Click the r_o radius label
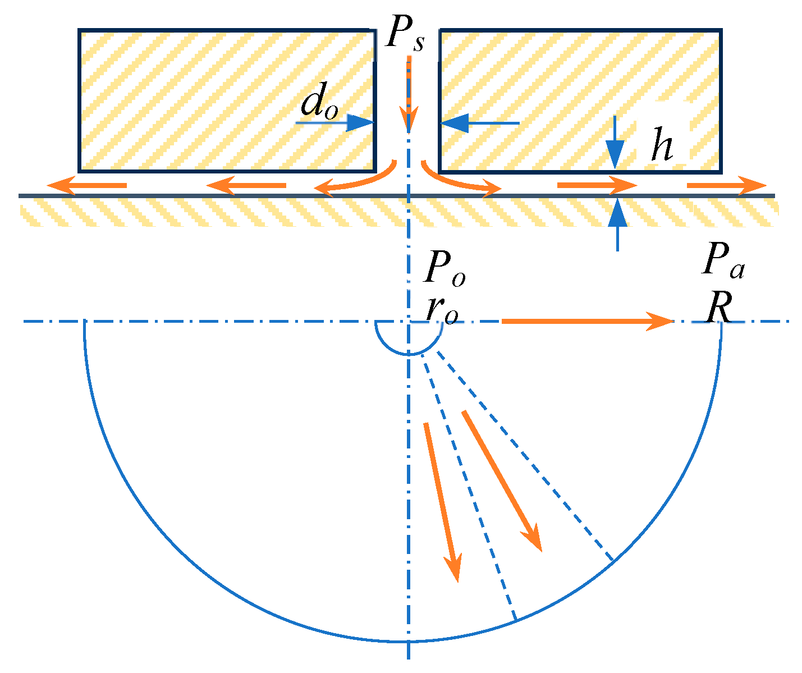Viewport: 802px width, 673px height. pos(441,310)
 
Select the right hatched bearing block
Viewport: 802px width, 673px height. pos(580,100)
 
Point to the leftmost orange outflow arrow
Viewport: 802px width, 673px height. pos(86,185)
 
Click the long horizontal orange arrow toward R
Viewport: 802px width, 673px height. pos(586,321)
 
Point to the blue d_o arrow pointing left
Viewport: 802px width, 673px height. pos(480,122)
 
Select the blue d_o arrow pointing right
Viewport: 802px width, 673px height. pos(334,122)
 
